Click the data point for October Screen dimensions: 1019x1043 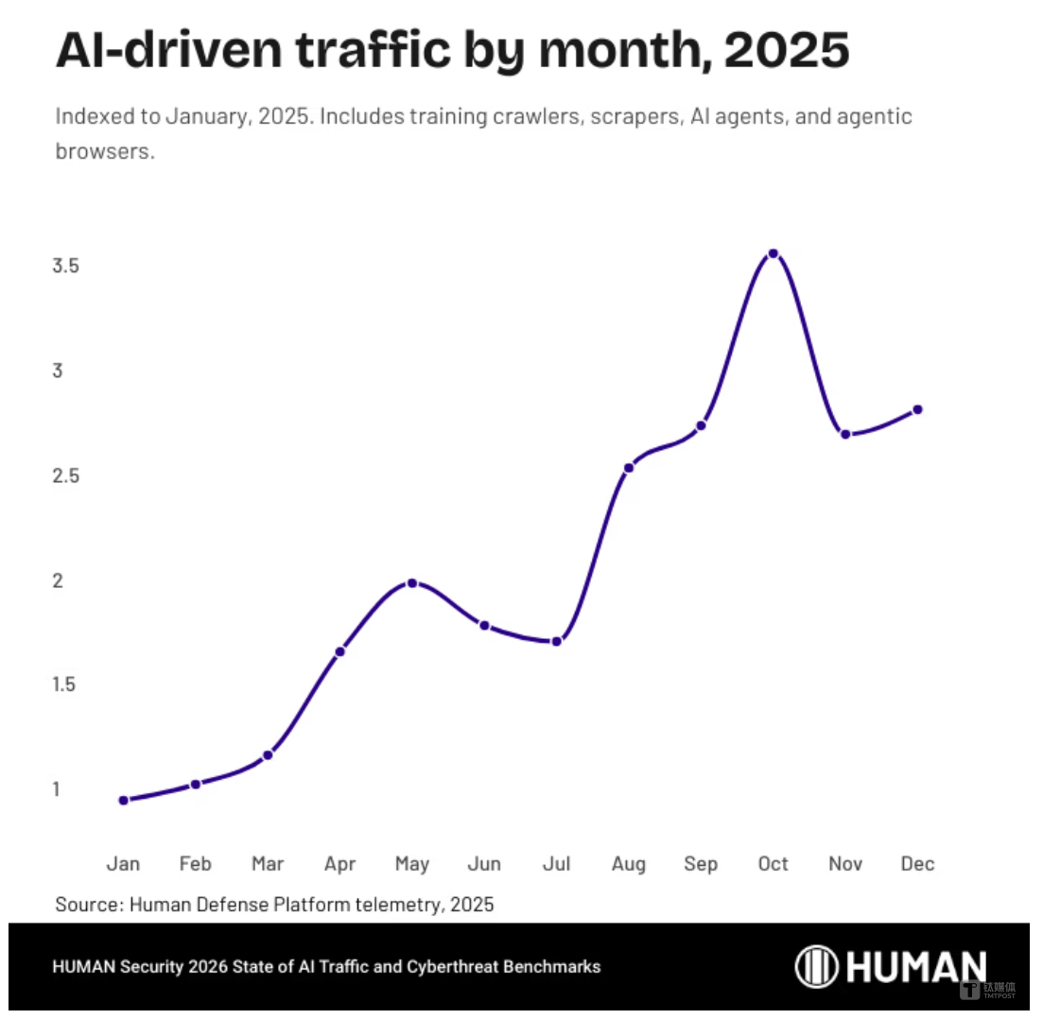[773, 253]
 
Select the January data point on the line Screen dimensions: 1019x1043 [124, 801]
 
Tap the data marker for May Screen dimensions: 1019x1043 [412, 583]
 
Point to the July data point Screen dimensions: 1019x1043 [557, 642]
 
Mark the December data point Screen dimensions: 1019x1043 [917, 409]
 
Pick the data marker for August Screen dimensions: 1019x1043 [629, 467]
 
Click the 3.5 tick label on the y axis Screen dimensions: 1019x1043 [65, 266]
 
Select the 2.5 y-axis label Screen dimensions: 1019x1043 [65, 475]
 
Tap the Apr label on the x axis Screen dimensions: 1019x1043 [340, 864]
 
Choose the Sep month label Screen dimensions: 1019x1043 [701, 864]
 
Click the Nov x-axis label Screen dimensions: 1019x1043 [845, 864]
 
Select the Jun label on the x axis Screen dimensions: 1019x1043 [485, 864]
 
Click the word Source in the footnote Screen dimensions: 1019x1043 [87, 904]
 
